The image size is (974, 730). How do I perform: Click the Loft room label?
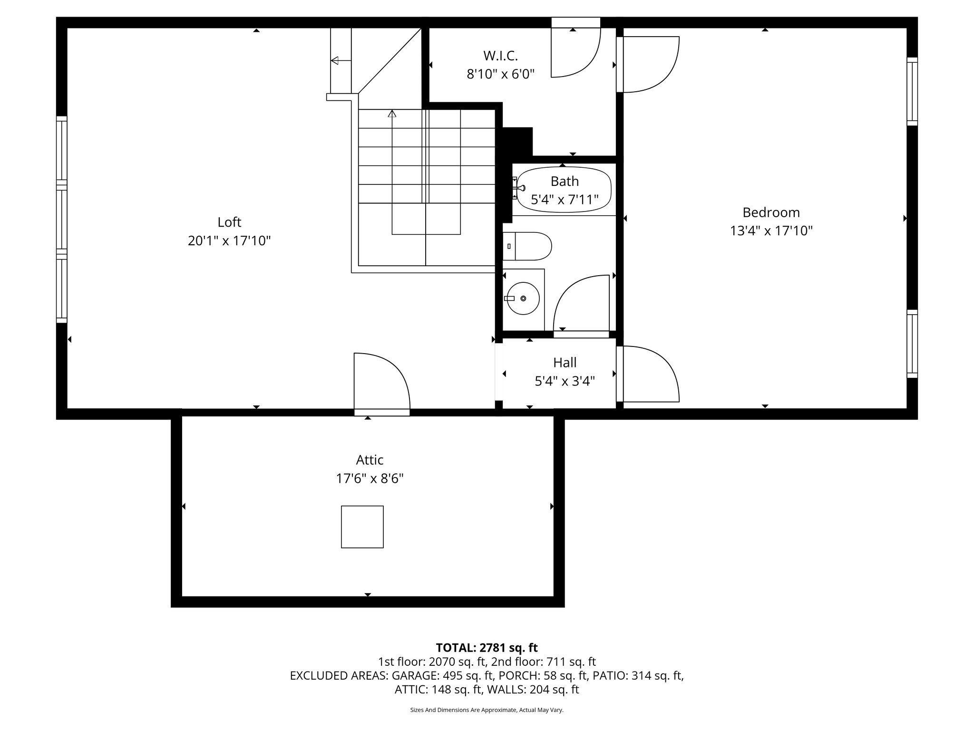tap(229, 222)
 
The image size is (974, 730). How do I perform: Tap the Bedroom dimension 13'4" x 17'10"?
tap(771, 231)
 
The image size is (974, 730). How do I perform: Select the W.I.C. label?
tap(500, 56)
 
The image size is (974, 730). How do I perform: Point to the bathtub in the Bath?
tap(564, 190)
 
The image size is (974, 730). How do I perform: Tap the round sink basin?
tap(523, 298)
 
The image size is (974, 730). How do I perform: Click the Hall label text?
tap(565, 363)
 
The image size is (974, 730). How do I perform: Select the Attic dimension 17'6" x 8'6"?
tap(370, 478)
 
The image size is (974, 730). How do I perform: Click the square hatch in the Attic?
tap(362, 527)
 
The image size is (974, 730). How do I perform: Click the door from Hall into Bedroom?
tap(647, 374)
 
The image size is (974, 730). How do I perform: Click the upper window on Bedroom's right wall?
tap(912, 91)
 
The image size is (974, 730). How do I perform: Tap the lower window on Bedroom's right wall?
tap(912, 344)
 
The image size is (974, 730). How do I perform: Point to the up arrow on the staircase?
tap(392, 114)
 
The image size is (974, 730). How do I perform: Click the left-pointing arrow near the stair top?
tap(335, 60)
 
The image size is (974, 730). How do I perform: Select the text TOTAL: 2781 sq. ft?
tap(487, 648)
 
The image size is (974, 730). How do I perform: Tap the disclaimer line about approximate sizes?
tap(487, 710)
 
